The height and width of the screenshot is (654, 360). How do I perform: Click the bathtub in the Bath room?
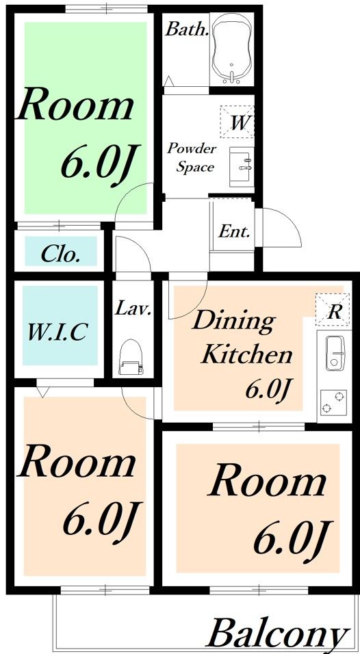[x=231, y=49]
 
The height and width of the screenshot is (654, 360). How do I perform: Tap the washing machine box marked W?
[x=237, y=122]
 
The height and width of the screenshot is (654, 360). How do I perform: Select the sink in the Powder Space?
[x=241, y=167]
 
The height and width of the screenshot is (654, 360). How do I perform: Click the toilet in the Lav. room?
[x=131, y=356]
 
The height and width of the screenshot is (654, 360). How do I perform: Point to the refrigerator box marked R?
[x=333, y=310]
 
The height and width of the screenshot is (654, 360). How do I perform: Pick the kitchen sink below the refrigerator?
[x=336, y=353]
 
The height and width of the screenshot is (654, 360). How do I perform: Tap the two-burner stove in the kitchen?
[x=333, y=402]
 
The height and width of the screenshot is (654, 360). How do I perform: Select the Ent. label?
[x=235, y=232]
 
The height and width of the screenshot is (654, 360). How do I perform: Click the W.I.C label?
[x=58, y=332]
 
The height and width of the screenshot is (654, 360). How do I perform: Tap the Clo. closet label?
[x=60, y=254]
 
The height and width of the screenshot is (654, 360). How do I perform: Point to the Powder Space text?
[x=192, y=158]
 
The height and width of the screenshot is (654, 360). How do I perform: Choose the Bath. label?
[x=187, y=29]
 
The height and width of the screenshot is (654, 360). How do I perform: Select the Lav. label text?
[x=133, y=309]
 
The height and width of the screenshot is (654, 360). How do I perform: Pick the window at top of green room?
[x=107, y=8]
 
